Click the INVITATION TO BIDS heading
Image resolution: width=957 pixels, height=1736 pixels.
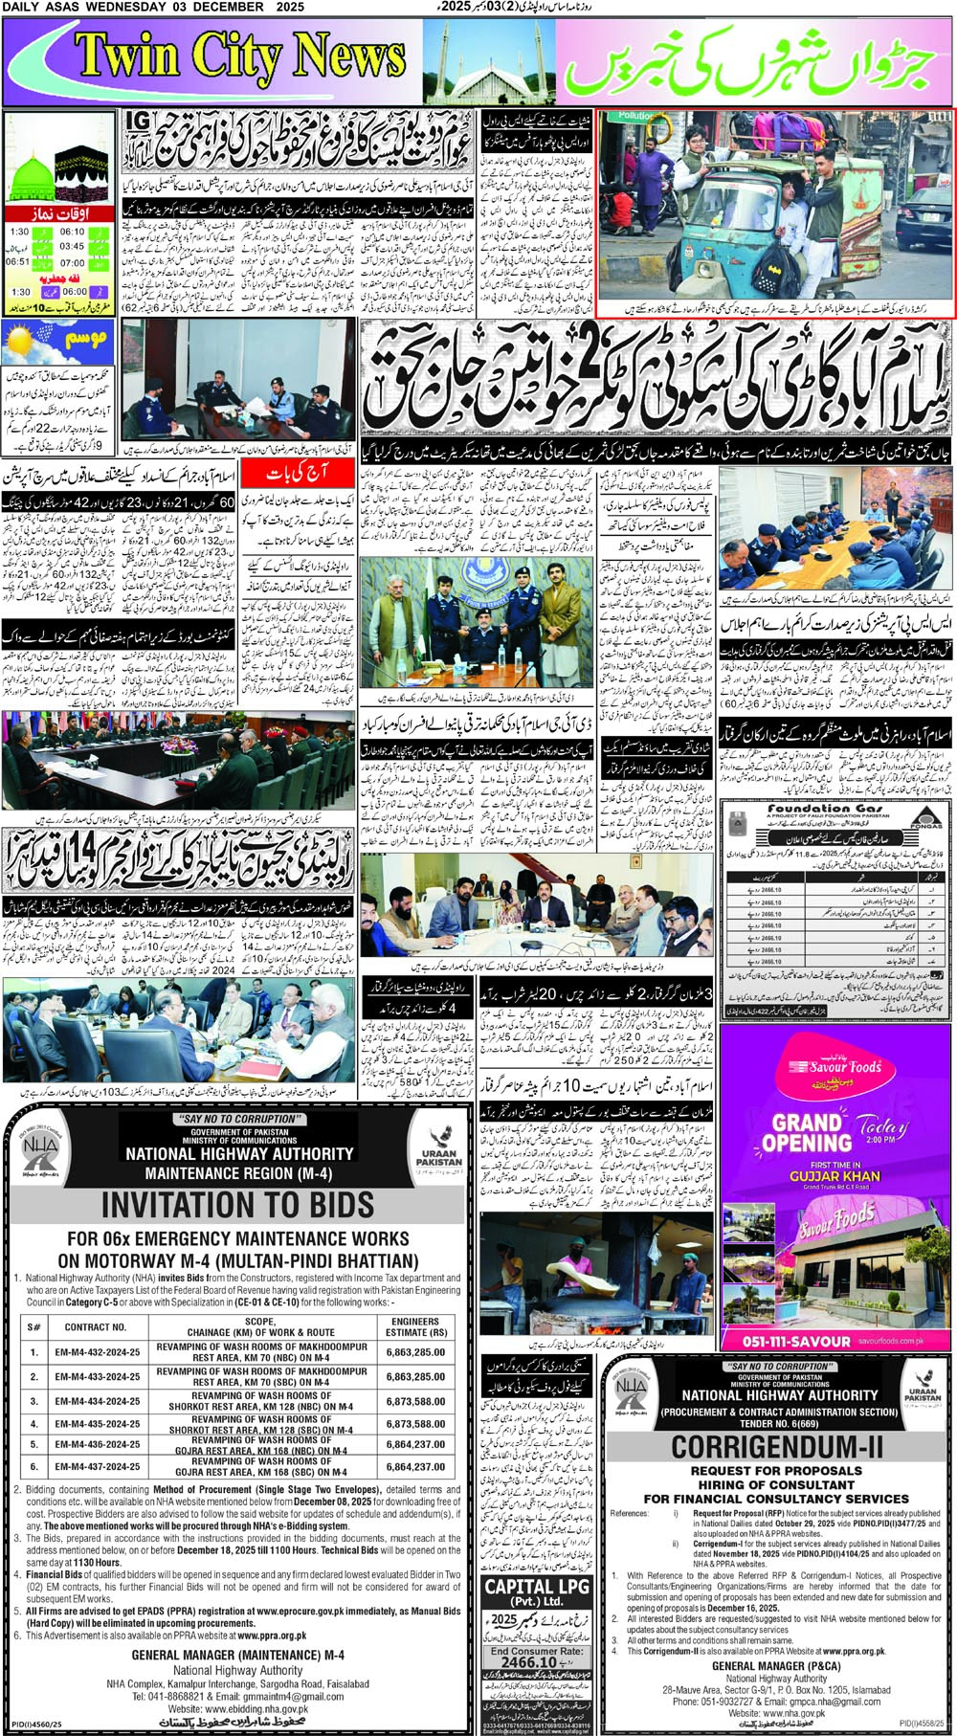click(237, 1204)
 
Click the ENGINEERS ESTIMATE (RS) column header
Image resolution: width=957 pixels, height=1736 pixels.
click(415, 1326)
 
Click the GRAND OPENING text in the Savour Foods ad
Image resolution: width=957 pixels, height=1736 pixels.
click(807, 1132)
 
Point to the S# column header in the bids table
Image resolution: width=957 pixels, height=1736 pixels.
click(34, 1326)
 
